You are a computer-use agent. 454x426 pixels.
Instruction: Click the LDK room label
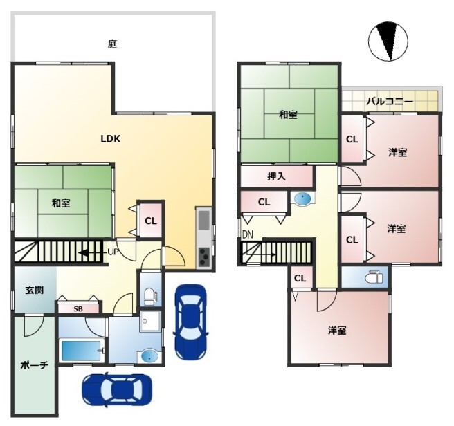110,139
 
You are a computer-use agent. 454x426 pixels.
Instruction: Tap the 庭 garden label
112,44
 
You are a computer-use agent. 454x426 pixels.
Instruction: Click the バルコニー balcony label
390,102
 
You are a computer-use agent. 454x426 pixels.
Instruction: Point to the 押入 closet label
276,176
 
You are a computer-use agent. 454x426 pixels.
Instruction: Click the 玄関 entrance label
35,290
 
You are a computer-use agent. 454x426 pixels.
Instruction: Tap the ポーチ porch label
34,365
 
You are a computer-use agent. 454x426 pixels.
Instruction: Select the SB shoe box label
78,309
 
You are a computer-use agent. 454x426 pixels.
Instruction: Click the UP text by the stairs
113,252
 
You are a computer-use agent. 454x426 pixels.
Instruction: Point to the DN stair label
248,234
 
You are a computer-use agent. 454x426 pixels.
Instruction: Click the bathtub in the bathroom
82,350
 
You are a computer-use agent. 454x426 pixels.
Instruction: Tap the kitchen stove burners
204,257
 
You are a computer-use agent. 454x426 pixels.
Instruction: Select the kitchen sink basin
204,220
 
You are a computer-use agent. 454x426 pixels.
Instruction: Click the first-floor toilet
151,296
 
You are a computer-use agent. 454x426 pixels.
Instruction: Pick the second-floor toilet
374,277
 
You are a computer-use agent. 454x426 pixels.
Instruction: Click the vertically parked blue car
190,322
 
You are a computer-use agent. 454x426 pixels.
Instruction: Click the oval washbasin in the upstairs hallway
302,198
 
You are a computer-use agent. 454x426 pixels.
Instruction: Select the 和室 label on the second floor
288,115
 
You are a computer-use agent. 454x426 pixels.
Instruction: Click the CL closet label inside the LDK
151,221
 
